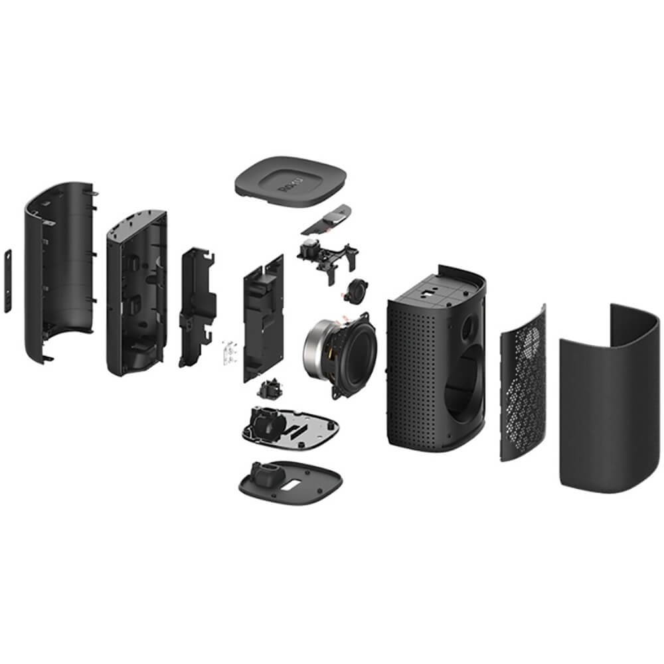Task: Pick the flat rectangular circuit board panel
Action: [263, 319]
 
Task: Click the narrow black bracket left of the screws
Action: [197, 305]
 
